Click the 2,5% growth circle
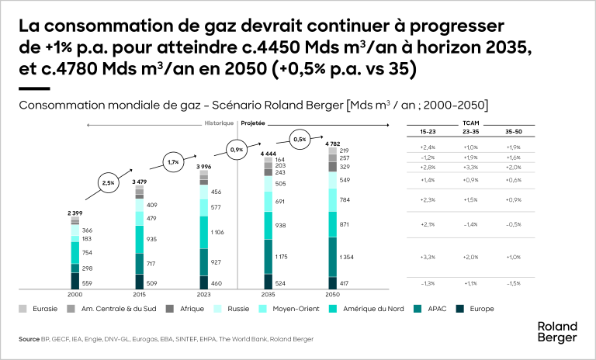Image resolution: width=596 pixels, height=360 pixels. coord(109,184)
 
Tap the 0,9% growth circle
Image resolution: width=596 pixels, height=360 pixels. coord(238,149)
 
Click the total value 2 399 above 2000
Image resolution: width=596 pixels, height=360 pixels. coord(74,212)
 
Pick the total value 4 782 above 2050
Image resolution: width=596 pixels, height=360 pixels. coord(331,144)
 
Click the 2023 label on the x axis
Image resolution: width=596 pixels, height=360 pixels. coord(203,296)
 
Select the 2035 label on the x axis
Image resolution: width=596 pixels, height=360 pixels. coord(267,296)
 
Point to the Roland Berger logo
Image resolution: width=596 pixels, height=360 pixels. coord(557,332)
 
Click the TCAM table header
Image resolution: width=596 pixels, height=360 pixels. coord(469,123)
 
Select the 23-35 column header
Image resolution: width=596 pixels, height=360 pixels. coord(469,132)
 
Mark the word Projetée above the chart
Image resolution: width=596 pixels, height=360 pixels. coord(253,123)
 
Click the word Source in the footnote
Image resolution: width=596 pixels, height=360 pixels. coord(28,339)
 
